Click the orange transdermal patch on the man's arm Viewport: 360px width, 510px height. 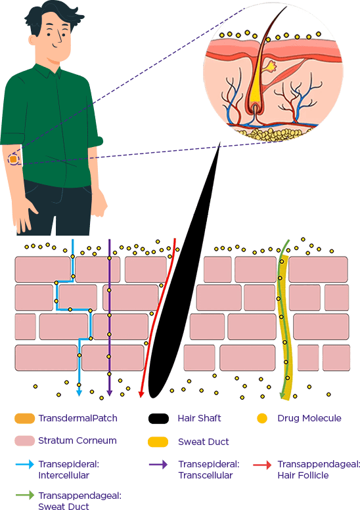[x=13, y=159]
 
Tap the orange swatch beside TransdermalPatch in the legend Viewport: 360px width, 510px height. [x=25, y=418]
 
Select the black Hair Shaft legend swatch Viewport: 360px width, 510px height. [x=158, y=419]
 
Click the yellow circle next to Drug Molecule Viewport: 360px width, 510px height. [x=262, y=418]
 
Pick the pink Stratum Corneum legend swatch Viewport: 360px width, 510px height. [x=25, y=440]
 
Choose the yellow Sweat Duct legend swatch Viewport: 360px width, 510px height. [x=158, y=442]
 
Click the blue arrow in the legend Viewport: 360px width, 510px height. [x=25, y=464]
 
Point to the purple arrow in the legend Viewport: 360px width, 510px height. [x=158, y=465]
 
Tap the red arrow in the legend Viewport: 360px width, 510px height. [x=262, y=465]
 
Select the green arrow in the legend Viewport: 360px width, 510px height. [x=25, y=495]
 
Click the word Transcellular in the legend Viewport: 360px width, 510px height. [x=206, y=475]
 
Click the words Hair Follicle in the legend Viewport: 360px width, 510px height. [x=303, y=475]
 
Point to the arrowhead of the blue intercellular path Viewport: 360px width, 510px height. [x=79, y=393]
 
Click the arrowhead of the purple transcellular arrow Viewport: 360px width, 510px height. [x=109, y=393]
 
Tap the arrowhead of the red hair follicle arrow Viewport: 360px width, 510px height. [x=141, y=394]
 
